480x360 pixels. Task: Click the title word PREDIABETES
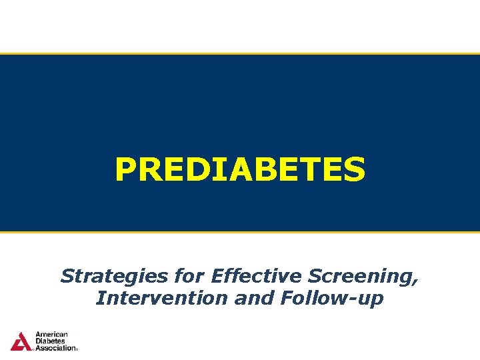click(x=240, y=169)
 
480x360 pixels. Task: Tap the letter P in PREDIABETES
click(x=125, y=169)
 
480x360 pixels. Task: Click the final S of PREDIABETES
click(x=353, y=169)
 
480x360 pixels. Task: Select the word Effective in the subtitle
click(x=237, y=276)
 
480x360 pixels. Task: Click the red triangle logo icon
click(x=21, y=341)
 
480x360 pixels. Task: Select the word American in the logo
click(x=51, y=335)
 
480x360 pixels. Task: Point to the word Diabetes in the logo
click(x=51, y=341)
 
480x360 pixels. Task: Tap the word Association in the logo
click(x=55, y=348)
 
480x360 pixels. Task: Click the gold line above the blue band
click(x=240, y=54)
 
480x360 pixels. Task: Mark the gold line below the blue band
click(x=240, y=232)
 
